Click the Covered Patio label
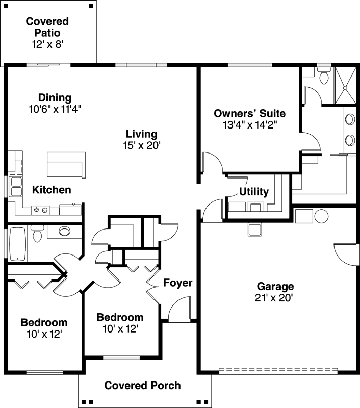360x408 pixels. [x=47, y=27]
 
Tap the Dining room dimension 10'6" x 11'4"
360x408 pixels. [x=55, y=109]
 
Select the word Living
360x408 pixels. [x=142, y=134]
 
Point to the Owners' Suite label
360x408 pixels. [x=249, y=113]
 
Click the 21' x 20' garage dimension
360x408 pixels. [x=275, y=298]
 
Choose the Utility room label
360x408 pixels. [x=254, y=192]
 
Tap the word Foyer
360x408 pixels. [x=177, y=283]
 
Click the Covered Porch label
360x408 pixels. [x=142, y=385]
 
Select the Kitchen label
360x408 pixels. [x=52, y=190]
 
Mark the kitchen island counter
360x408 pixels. [x=65, y=163]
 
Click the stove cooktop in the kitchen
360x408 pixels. [x=41, y=209]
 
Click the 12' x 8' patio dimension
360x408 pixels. [x=47, y=44]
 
